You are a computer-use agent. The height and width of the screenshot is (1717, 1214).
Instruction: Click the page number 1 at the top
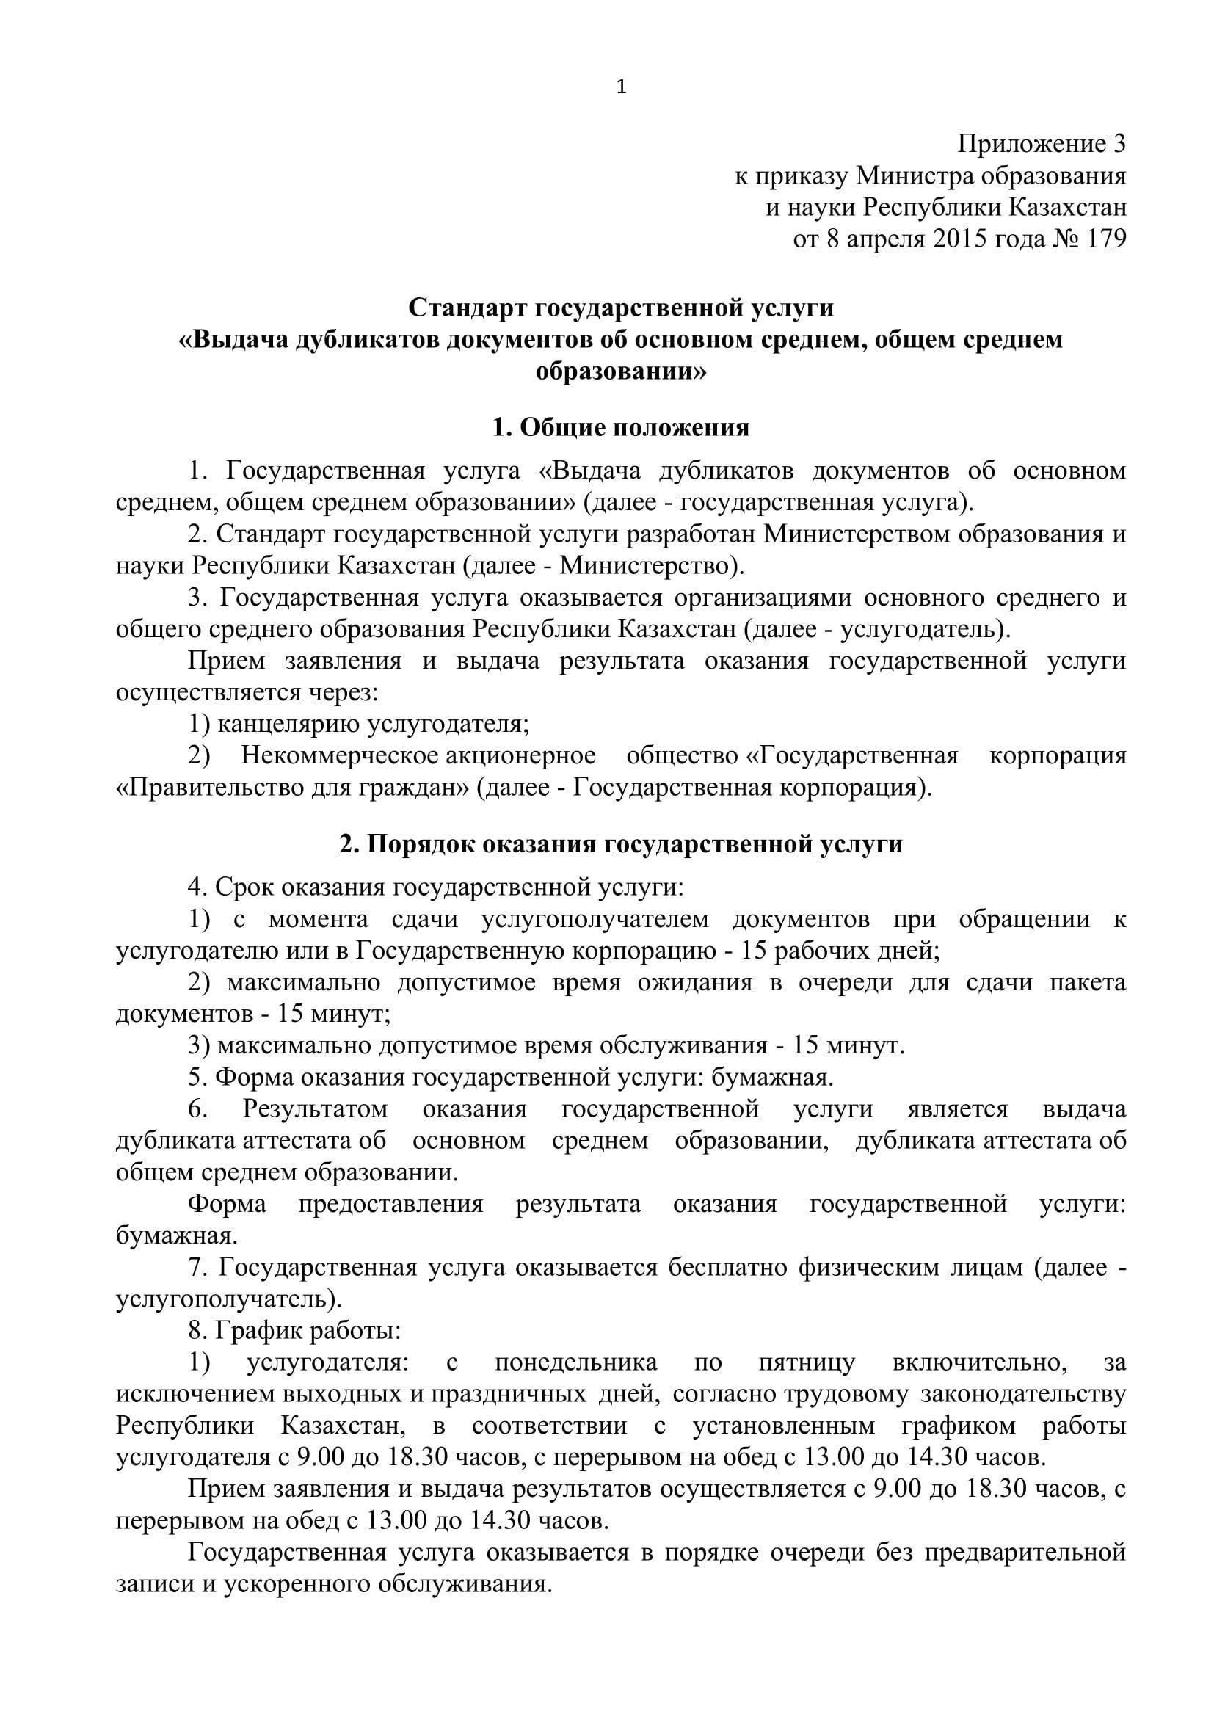click(x=621, y=88)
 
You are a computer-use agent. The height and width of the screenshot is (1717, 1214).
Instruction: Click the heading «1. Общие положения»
click(x=620, y=427)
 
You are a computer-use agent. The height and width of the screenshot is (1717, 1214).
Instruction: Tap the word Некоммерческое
click(x=339, y=755)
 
